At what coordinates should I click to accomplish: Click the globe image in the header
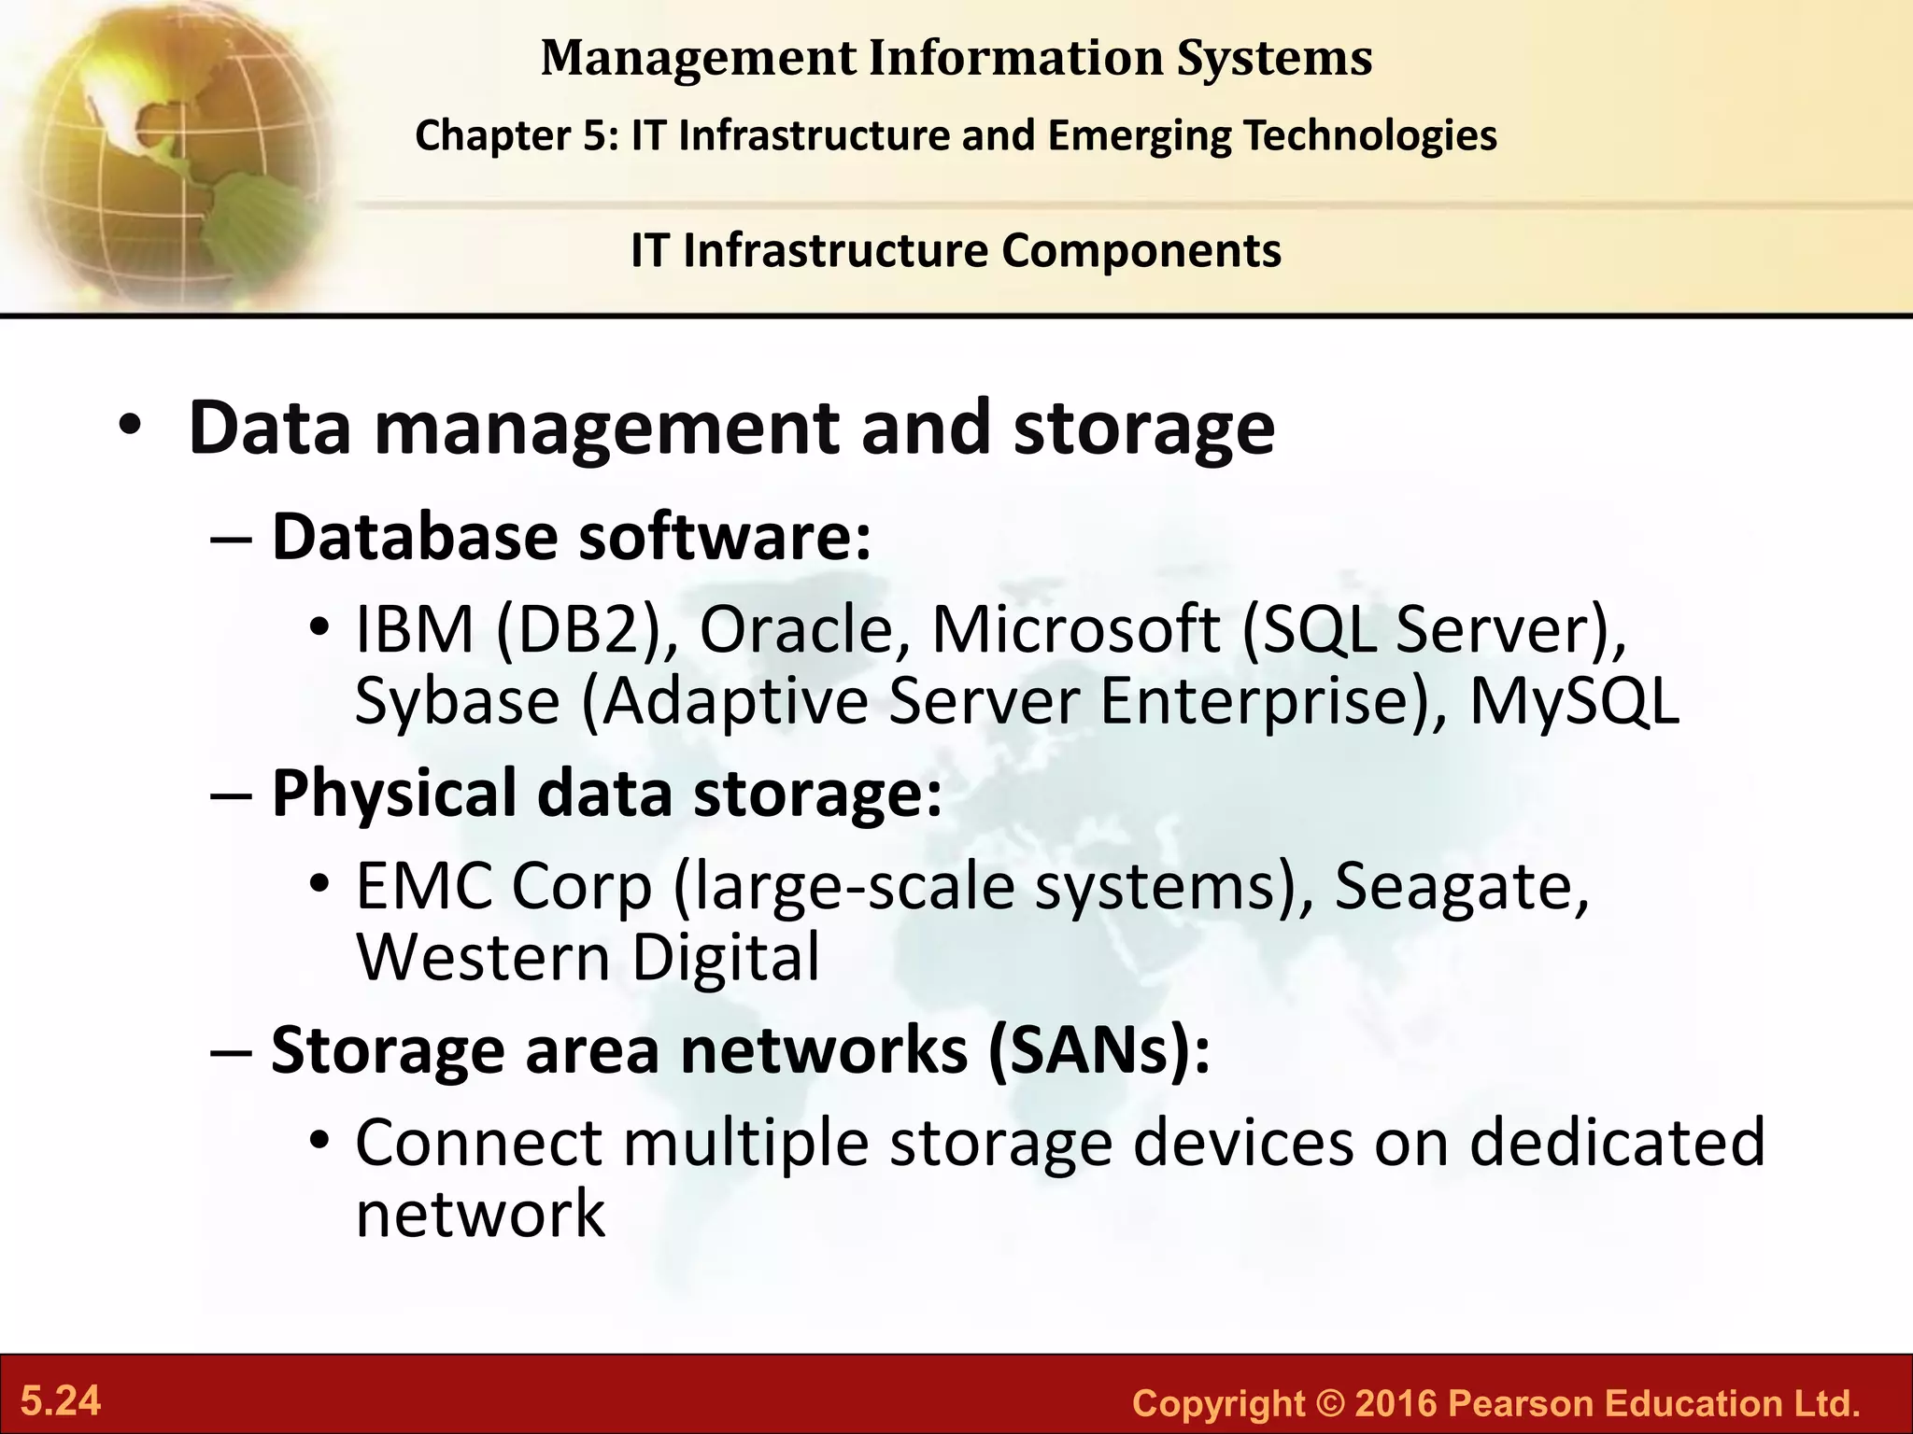[168, 149]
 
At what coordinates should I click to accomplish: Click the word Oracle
[804, 629]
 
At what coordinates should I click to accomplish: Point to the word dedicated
[1617, 1142]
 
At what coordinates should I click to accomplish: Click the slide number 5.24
[61, 1401]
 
